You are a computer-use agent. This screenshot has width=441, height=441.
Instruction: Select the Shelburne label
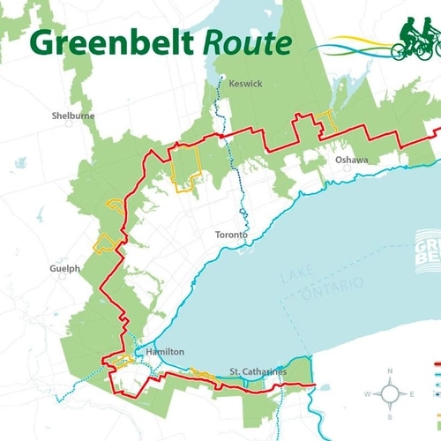click(73, 116)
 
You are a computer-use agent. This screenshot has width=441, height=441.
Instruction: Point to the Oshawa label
click(350, 161)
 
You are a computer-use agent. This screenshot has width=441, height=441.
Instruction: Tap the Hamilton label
click(165, 351)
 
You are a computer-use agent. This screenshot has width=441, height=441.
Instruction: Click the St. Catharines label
click(258, 371)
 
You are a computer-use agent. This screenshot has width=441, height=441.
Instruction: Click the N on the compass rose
click(389, 372)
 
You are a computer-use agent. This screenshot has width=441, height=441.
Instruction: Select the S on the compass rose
click(389, 415)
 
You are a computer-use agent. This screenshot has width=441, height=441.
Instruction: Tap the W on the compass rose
click(367, 394)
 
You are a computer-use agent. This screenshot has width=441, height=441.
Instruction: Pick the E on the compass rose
click(410, 394)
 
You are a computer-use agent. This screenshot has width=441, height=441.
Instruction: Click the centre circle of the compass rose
click(389, 394)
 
